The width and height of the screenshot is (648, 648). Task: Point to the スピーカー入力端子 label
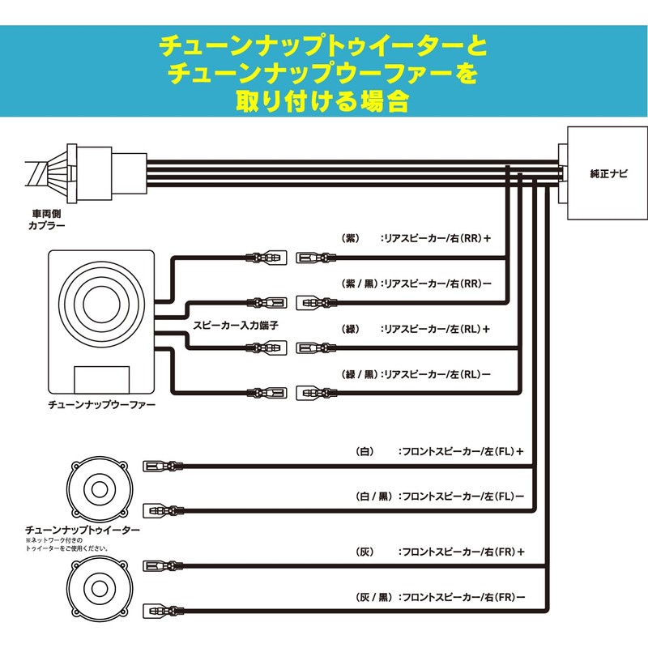click(x=237, y=326)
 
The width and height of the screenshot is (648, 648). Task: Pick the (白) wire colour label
click(x=363, y=450)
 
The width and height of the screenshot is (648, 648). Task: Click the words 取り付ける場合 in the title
click(x=323, y=101)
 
